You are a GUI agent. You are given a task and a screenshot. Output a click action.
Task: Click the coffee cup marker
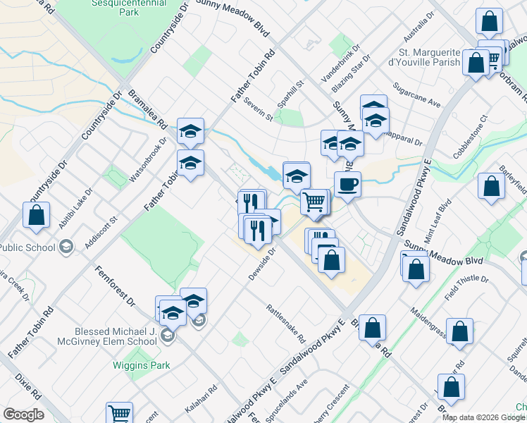(347, 185)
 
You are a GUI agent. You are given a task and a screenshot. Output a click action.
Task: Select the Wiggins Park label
(136, 365)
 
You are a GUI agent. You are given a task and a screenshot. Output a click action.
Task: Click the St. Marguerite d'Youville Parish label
(430, 57)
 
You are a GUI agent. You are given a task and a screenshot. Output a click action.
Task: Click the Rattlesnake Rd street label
(285, 323)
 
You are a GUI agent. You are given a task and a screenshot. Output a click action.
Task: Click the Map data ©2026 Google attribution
(483, 417)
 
